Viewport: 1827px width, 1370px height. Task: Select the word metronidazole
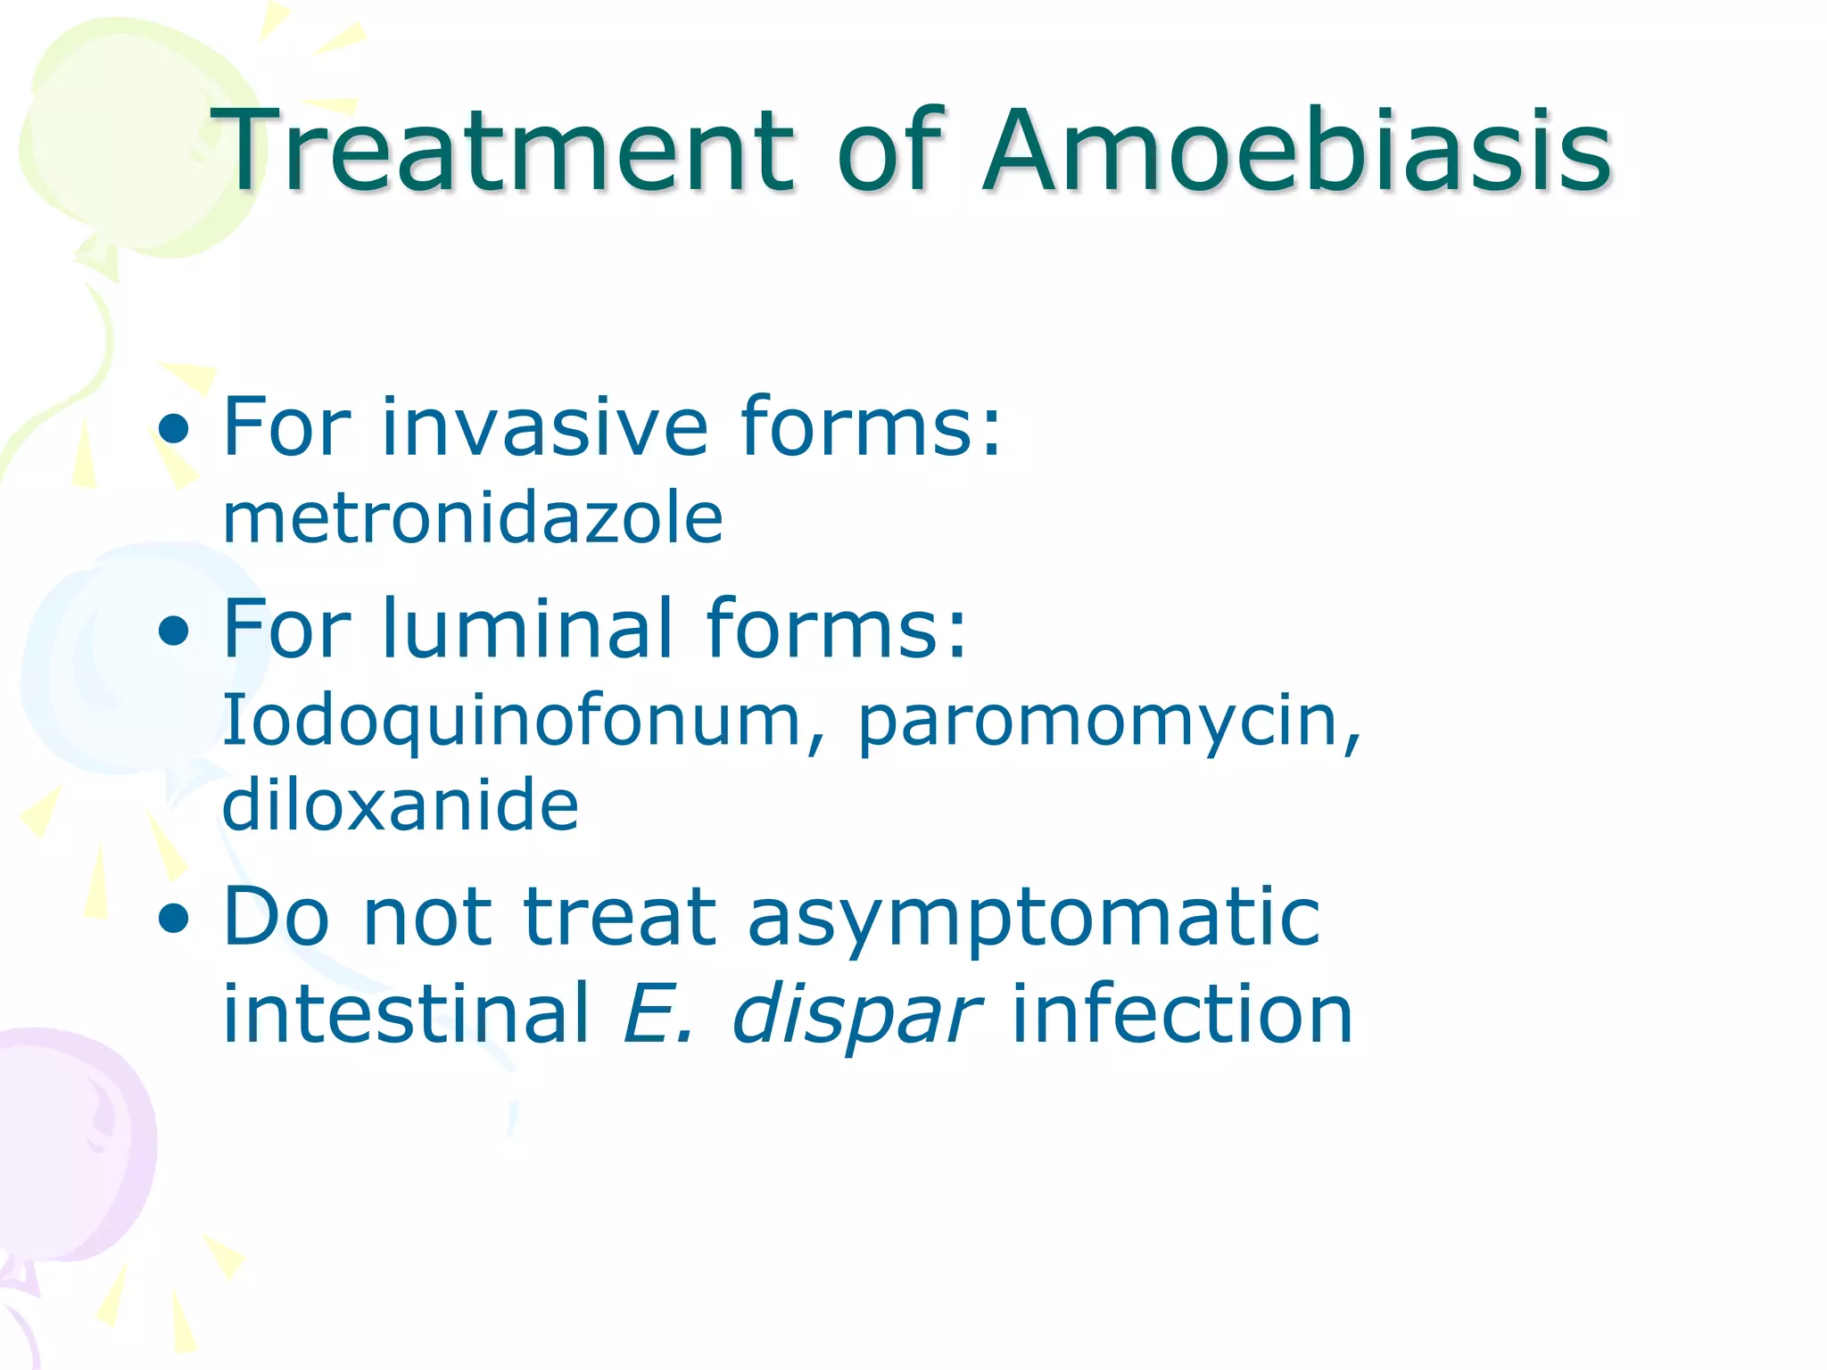(x=472, y=518)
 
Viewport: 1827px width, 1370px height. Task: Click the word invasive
(x=544, y=427)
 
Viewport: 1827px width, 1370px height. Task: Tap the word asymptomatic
(x=1033, y=919)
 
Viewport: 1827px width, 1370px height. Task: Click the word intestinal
(x=406, y=1014)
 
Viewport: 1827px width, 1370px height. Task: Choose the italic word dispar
(x=856, y=1014)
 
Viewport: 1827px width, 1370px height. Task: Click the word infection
(x=1182, y=1014)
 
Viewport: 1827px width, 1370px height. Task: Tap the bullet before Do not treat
(x=174, y=921)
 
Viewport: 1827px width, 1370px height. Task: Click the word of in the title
(x=889, y=150)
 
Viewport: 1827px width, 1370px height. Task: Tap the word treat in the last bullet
(x=619, y=919)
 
